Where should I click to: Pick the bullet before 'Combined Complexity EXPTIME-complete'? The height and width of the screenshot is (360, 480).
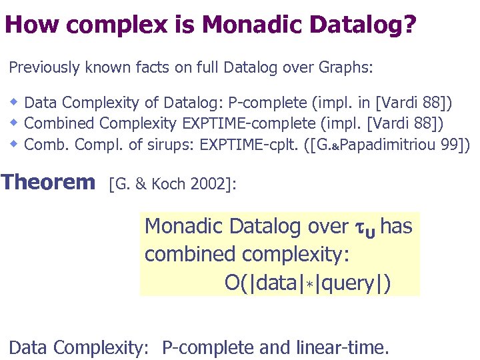(14, 123)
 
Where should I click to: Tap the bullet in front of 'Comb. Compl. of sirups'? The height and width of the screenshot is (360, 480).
(14, 143)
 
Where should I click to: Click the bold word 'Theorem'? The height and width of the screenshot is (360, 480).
(48, 181)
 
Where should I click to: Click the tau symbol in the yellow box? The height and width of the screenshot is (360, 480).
(358, 227)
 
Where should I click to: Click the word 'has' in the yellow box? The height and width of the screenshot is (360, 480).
(396, 227)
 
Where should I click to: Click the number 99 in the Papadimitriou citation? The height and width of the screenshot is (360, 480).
(449, 144)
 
